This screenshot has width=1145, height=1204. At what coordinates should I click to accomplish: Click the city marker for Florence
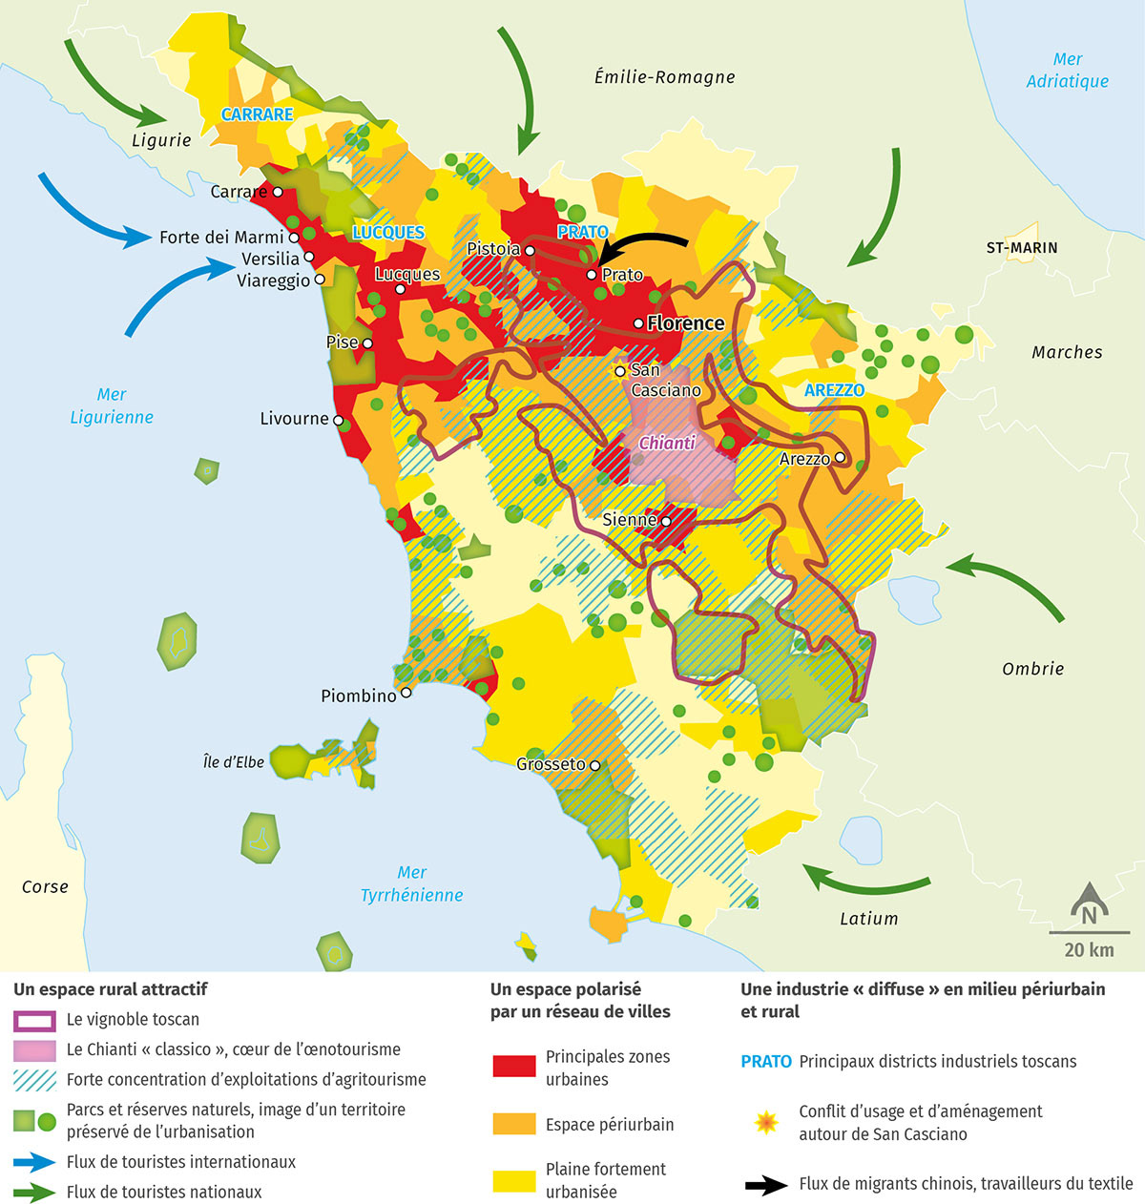tap(638, 323)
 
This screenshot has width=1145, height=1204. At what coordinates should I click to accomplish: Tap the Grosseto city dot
tap(594, 765)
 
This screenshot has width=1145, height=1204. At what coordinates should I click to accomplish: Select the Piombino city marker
tap(406, 693)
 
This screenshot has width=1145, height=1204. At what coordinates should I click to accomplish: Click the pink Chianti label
tap(667, 443)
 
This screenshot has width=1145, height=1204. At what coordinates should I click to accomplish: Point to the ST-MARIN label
tap(1022, 247)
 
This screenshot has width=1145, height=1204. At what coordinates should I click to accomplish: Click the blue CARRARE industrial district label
tap(257, 114)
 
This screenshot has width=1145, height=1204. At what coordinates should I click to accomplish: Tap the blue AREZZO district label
tap(834, 390)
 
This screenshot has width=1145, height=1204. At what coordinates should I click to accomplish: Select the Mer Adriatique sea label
tap(1067, 71)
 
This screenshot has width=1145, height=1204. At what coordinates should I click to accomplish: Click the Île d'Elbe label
tap(234, 762)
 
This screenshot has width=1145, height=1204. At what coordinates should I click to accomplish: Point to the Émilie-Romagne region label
tap(664, 77)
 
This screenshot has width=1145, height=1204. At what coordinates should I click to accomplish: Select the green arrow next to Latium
tap(864, 881)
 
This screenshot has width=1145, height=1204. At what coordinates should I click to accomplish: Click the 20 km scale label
tap(1089, 949)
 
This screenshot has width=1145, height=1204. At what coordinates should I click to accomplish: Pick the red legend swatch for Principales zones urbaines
tap(513, 1067)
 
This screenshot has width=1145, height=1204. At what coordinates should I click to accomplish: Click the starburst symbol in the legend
tap(766, 1122)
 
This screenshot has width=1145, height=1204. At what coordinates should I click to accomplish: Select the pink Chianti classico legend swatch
tap(34, 1049)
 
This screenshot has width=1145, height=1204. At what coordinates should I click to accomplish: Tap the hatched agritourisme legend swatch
tap(34, 1080)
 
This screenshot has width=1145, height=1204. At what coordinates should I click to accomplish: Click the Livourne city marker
tap(338, 420)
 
